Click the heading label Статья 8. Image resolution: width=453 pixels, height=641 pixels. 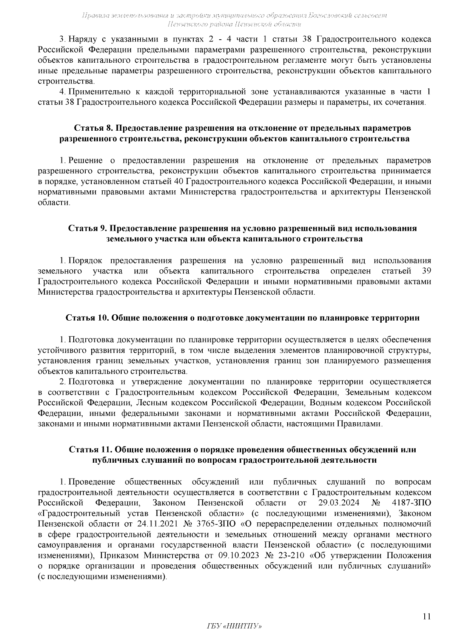tap(90, 128)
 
